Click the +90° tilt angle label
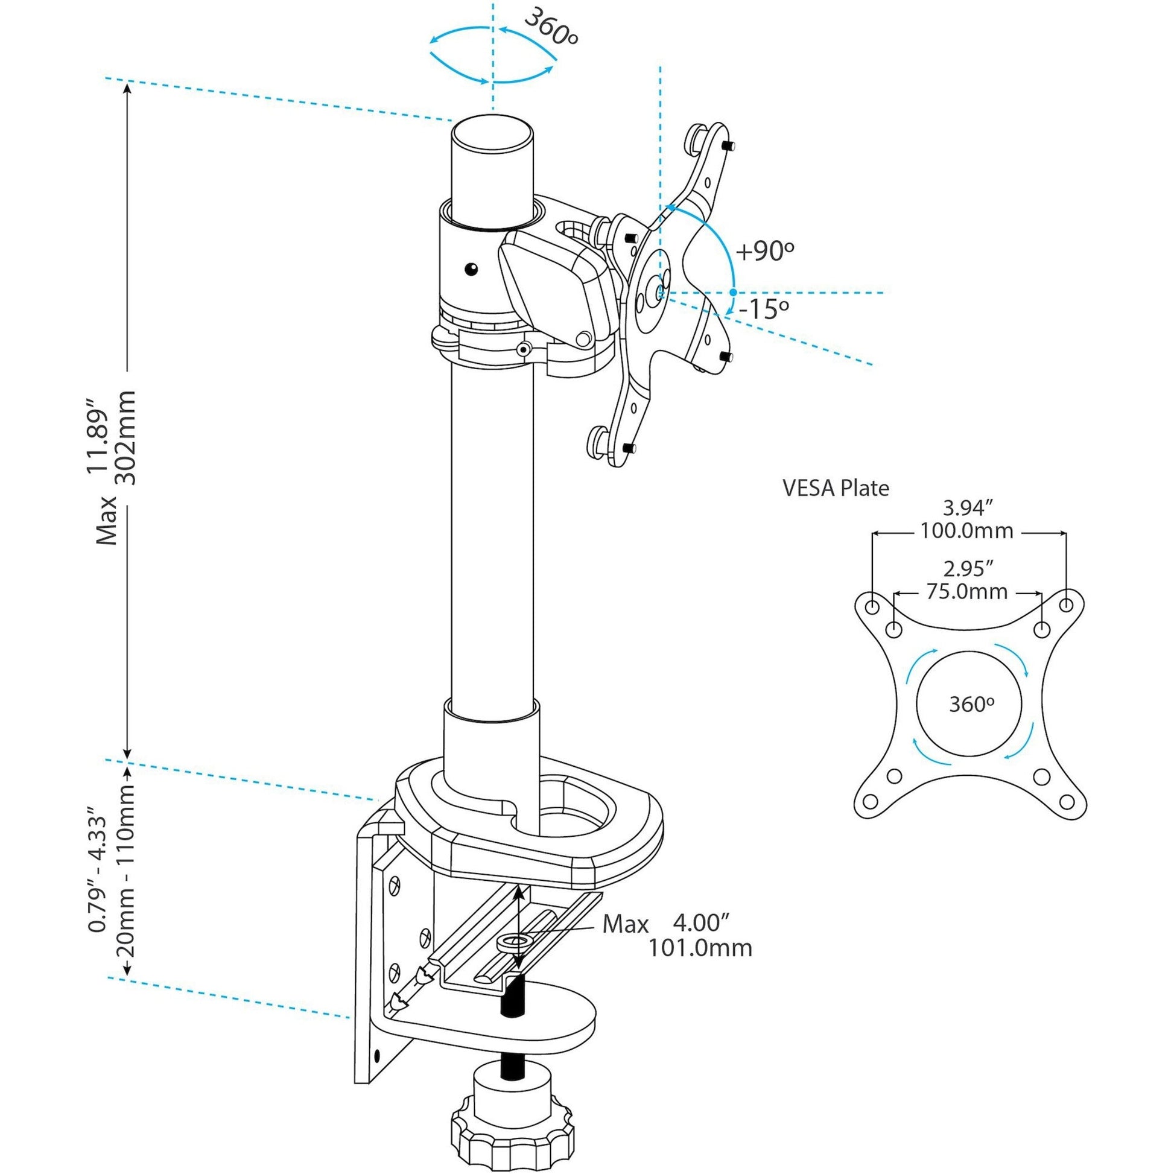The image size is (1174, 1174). click(765, 250)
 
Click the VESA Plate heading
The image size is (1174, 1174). click(836, 488)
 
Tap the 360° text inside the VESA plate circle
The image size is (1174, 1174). click(972, 704)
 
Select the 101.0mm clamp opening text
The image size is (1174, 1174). click(700, 948)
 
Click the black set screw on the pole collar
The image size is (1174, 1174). click(471, 268)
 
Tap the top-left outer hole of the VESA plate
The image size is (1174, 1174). click(871, 607)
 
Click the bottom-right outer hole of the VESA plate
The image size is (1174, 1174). click(1067, 802)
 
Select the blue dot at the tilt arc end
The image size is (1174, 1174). click(734, 292)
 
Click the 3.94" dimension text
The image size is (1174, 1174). click(968, 507)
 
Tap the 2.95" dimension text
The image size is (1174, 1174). click(968, 569)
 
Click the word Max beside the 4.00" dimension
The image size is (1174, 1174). click(625, 924)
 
